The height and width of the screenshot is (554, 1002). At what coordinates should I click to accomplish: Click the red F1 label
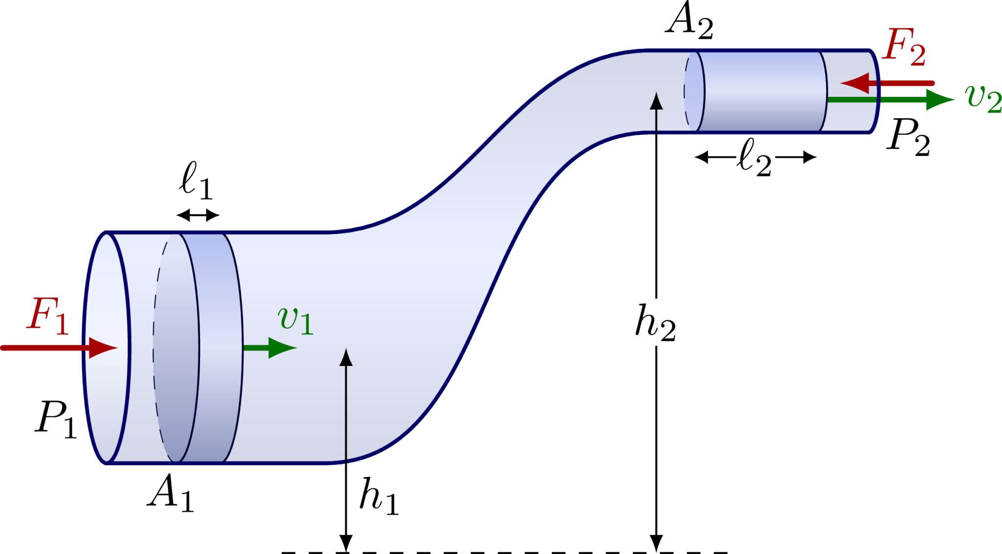point(47,316)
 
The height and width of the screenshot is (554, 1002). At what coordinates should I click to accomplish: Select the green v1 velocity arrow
point(269,348)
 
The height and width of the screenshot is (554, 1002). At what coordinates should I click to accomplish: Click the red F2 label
point(903,47)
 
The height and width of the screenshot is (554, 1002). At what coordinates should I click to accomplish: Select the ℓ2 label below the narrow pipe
point(755,157)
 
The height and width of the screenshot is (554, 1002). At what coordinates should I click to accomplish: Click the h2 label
point(656,322)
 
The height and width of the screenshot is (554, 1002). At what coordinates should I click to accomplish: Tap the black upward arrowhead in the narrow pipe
point(656,101)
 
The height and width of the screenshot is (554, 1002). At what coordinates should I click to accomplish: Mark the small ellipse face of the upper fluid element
point(694,92)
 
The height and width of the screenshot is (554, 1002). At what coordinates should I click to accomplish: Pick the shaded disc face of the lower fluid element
point(176,348)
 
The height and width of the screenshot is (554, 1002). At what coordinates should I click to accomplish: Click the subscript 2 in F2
point(917,55)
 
